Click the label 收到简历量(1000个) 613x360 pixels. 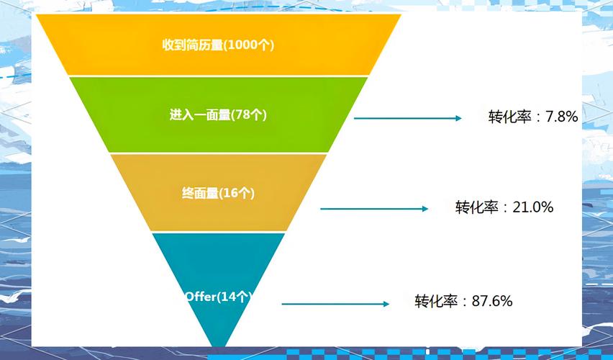(218, 45)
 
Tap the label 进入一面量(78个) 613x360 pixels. (218, 115)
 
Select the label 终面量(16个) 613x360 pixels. (218, 193)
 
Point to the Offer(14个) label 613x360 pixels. (218, 297)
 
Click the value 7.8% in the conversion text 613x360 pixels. (561, 117)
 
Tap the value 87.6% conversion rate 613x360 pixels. (492, 301)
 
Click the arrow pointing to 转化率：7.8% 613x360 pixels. (408, 118)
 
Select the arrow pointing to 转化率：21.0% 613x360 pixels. (374, 209)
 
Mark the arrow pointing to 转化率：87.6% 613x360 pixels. (335, 304)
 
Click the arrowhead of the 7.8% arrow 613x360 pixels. (458, 118)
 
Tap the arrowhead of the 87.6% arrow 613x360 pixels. (386, 304)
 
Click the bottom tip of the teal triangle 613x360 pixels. (219, 347)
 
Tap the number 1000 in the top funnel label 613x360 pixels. (242, 45)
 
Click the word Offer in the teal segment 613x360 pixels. (201, 297)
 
